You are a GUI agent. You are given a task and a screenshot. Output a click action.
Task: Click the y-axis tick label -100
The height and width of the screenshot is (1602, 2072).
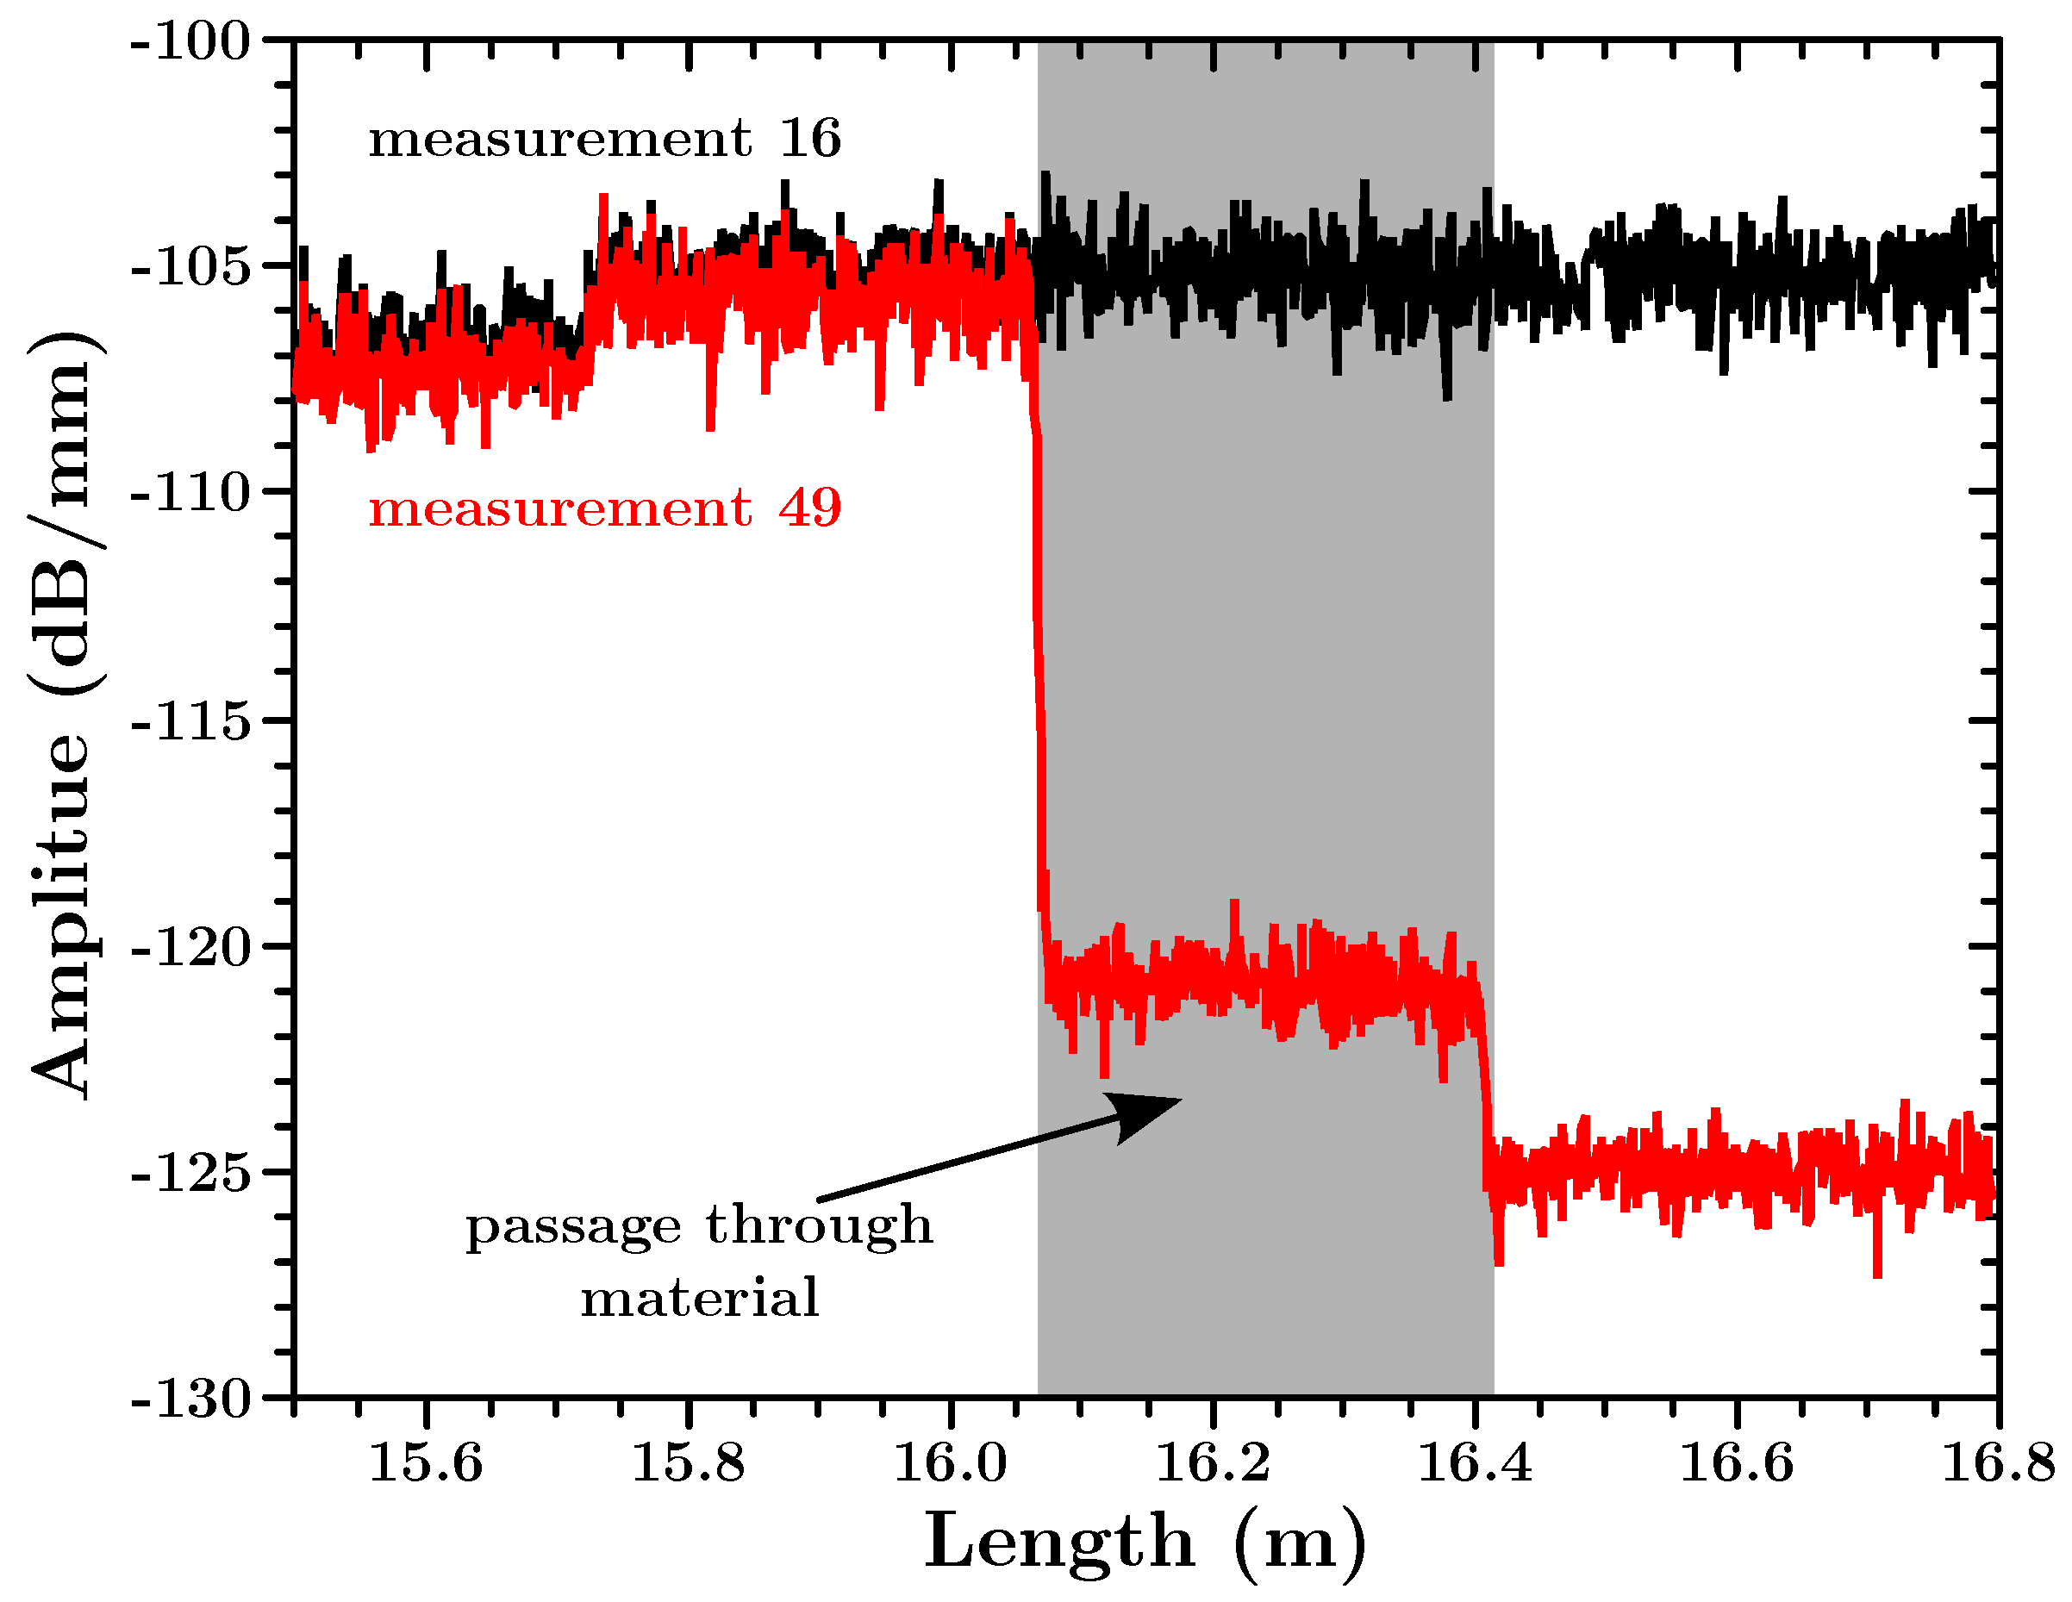[190, 44]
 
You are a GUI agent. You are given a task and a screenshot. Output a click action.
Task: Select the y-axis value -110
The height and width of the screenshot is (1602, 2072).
[190, 493]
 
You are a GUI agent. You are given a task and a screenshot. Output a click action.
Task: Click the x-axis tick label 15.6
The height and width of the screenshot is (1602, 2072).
[425, 1462]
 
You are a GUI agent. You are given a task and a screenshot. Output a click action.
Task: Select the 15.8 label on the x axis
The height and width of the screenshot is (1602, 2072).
[688, 1462]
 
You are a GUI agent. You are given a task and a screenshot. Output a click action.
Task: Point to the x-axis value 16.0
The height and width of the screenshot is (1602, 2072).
[950, 1462]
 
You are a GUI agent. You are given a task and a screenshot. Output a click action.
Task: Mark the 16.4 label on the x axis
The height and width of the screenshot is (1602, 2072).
[1475, 1462]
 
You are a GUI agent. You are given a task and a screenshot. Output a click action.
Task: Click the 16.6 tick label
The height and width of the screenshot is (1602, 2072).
[1736, 1462]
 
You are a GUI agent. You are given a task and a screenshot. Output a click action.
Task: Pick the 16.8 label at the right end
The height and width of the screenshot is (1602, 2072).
[1998, 1462]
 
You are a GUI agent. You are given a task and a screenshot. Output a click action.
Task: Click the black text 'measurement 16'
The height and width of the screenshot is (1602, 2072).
[604, 140]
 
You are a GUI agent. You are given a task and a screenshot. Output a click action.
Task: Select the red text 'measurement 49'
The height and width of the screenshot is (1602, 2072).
[604, 508]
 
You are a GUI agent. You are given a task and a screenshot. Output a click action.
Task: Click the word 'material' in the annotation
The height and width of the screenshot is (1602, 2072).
[699, 1299]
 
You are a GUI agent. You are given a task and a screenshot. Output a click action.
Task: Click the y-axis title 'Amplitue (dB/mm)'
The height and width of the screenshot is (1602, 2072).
[65, 716]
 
